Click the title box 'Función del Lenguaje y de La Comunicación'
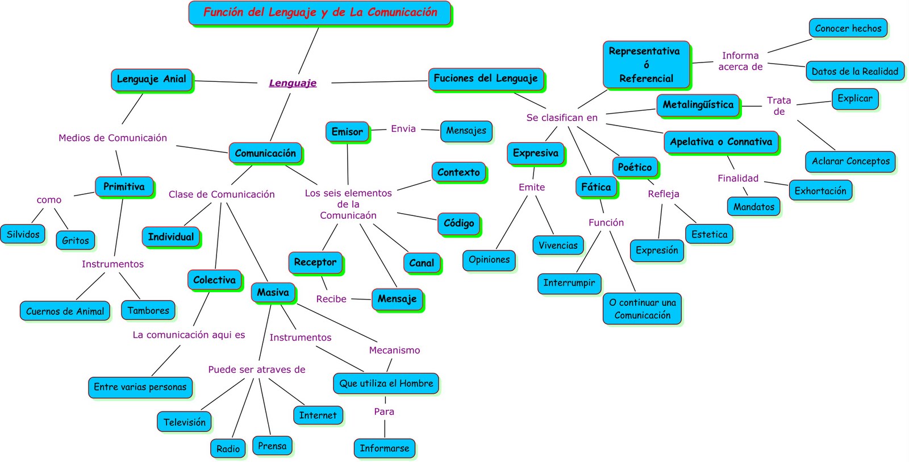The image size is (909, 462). [320, 13]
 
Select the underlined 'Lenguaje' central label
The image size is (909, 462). [293, 83]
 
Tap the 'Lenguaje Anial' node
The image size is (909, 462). [151, 80]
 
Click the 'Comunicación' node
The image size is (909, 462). [265, 153]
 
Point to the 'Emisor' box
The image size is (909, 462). [347, 132]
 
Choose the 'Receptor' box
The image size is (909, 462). [315, 263]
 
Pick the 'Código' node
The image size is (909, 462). [458, 223]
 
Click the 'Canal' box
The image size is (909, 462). [422, 263]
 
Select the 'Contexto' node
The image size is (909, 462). [458, 172]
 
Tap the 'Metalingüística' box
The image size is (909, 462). [698, 105]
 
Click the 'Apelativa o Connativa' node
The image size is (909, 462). [721, 142]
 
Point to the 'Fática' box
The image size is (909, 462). [596, 187]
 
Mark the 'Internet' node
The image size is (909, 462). [318, 415]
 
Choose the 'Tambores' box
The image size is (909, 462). [148, 311]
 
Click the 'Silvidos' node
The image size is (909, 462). [23, 234]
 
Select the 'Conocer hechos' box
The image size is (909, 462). [848, 28]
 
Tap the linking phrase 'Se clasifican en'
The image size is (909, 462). [561, 118]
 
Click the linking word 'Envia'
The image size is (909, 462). [403, 129]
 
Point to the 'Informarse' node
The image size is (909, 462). [384, 448]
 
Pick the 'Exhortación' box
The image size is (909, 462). [820, 191]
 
